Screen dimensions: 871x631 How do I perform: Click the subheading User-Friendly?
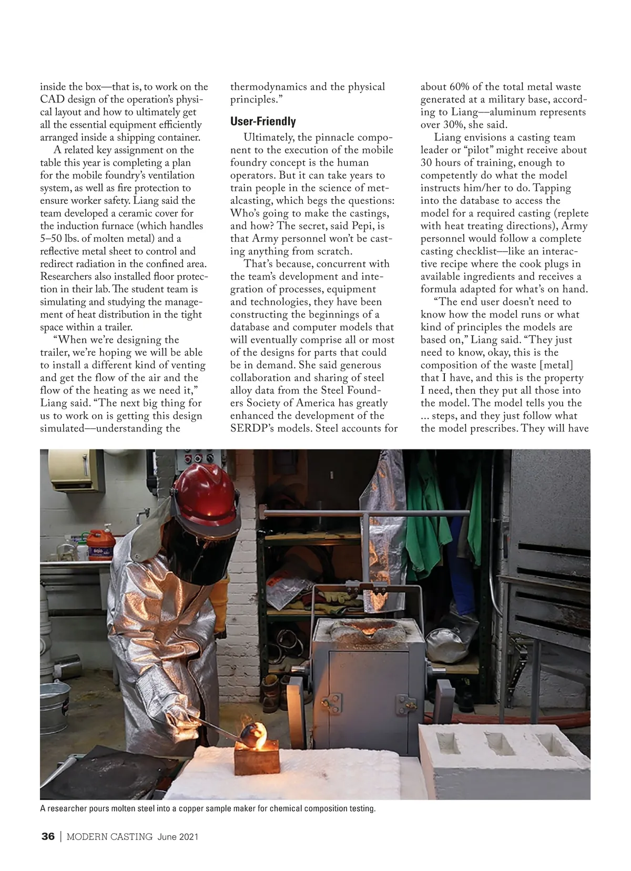(263, 122)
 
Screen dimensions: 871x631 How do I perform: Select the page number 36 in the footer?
(48, 837)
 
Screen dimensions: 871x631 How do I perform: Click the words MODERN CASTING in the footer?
(109, 837)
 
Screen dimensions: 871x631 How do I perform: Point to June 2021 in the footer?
(178, 837)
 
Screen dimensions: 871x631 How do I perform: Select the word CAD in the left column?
(50, 99)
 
